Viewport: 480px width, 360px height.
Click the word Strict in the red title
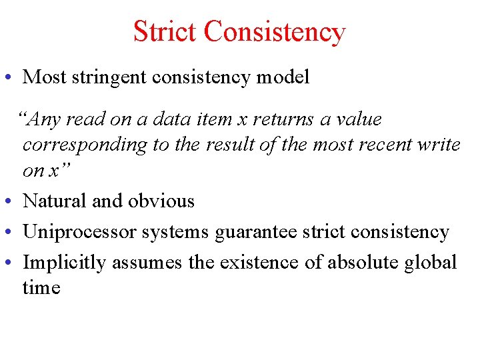(x=165, y=31)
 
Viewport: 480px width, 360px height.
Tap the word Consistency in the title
(x=275, y=31)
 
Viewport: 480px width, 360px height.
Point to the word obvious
(x=160, y=201)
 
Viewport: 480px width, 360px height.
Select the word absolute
(x=361, y=263)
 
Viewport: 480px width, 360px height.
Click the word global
(x=431, y=263)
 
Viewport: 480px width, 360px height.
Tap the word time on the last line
(x=41, y=288)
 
